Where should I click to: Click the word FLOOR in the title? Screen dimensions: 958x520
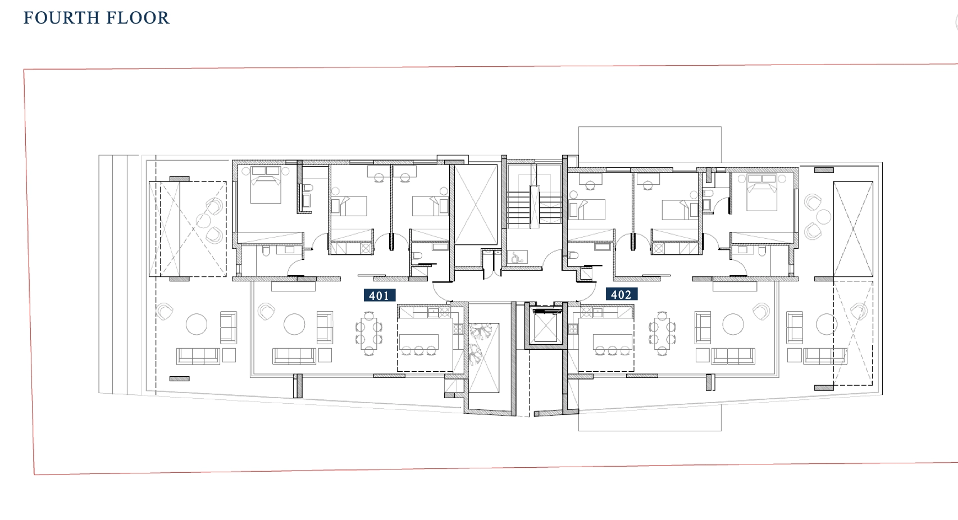click(x=138, y=18)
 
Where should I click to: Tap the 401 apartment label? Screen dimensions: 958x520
click(x=380, y=295)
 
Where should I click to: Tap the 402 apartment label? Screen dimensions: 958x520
click(x=622, y=294)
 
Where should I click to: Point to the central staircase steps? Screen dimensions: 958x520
click(x=534, y=207)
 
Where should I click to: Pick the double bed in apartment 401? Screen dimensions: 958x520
click(x=266, y=185)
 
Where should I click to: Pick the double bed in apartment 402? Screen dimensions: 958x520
click(x=761, y=192)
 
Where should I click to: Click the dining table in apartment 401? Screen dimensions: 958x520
click(x=369, y=334)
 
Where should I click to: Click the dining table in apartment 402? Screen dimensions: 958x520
click(x=662, y=334)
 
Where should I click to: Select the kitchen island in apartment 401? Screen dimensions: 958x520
click(x=419, y=342)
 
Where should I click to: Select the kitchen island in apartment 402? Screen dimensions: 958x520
click(x=613, y=342)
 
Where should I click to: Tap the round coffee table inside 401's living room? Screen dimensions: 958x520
click(x=294, y=324)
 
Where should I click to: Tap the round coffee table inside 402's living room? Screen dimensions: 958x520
click(x=733, y=324)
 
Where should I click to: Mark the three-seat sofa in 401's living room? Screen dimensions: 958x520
click(x=294, y=356)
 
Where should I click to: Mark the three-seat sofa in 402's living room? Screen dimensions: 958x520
click(x=733, y=356)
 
